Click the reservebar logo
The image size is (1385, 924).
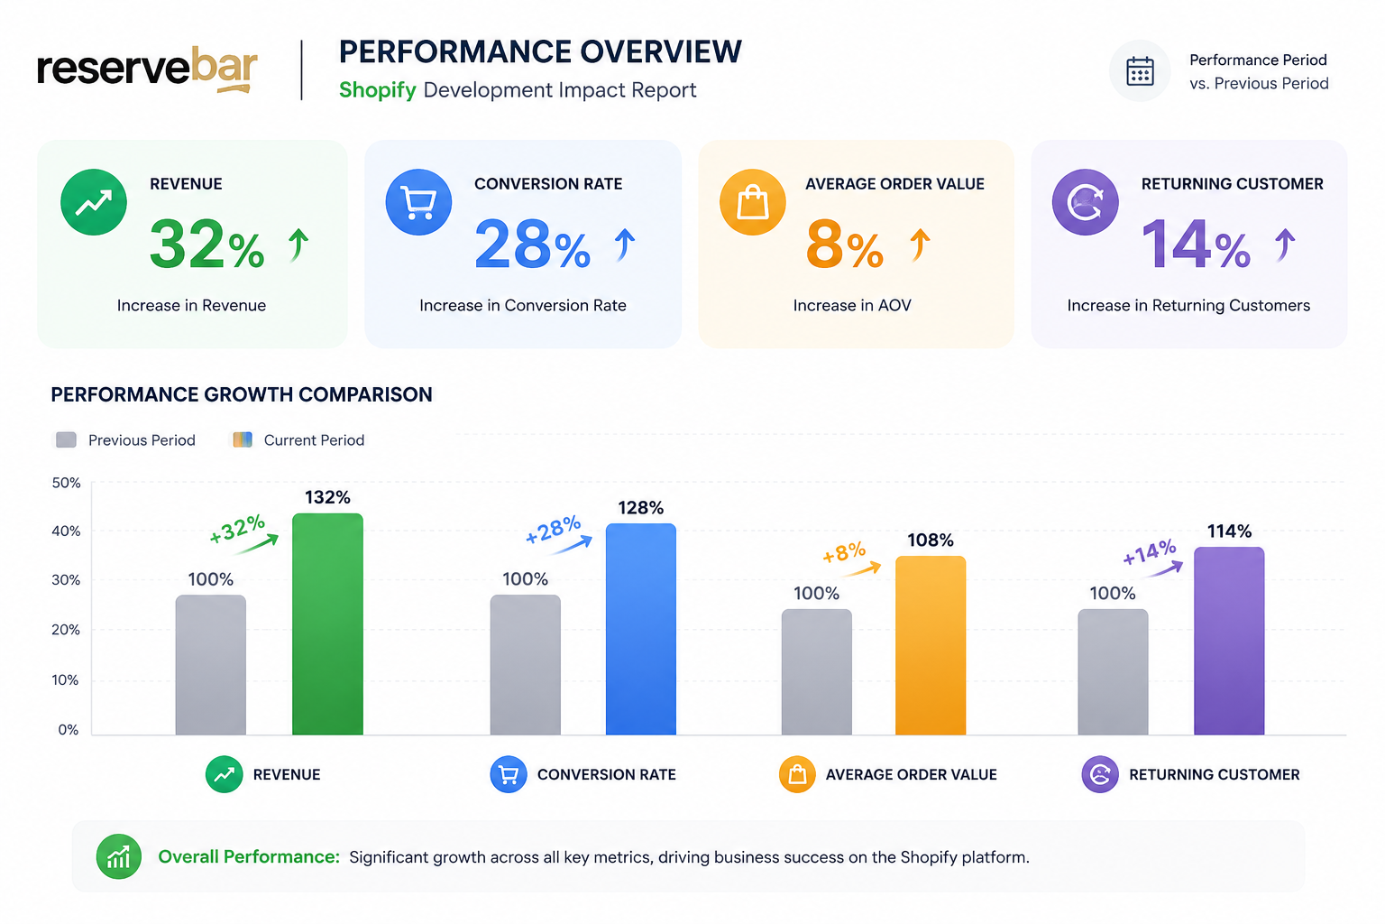pos(147,69)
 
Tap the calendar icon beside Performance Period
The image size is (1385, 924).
pos(1140,71)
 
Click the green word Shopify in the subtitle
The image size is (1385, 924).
pos(377,90)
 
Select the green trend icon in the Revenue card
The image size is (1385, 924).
pos(94,202)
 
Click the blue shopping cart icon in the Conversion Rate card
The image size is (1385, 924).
pos(418,202)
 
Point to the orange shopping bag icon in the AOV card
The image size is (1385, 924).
pos(753,202)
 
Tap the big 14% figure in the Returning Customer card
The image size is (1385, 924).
pos(1196,245)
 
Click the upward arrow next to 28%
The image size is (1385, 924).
pos(625,244)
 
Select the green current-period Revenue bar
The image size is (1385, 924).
pos(327,624)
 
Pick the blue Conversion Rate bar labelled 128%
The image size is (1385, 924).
pos(640,629)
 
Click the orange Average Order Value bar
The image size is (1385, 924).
pos(931,645)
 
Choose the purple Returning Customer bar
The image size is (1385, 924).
pos(1229,641)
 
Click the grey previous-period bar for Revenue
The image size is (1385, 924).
pos(211,665)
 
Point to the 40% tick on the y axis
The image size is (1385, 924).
pos(66,531)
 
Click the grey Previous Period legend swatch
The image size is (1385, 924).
pos(66,440)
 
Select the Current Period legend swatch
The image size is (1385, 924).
pos(243,440)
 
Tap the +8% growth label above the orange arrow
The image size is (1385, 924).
pos(844,551)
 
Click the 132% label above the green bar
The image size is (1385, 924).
pos(327,497)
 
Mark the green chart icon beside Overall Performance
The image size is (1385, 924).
pos(119,856)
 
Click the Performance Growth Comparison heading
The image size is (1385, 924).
pos(242,395)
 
